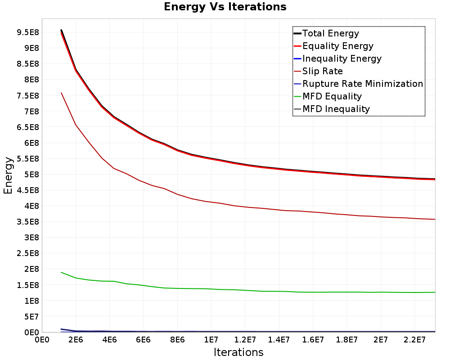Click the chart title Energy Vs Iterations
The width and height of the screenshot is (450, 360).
[225, 7]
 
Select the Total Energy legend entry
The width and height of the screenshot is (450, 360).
[326, 33]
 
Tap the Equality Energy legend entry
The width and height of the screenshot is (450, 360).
[334, 46]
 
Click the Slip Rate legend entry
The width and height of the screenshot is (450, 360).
[319, 71]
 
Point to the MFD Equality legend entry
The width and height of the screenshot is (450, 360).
[328, 96]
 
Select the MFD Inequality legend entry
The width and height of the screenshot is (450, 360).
[332, 109]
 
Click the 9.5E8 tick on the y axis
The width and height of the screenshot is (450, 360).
[28, 32]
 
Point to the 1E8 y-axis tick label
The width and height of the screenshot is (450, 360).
[31, 301]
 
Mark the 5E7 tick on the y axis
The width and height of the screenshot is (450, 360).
[31, 317]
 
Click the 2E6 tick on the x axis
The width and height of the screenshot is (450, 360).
[76, 340]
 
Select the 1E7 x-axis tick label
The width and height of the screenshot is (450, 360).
[211, 340]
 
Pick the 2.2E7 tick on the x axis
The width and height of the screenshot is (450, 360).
[414, 340]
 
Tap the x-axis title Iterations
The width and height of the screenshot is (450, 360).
[238, 352]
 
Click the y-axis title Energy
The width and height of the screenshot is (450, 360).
[8, 175]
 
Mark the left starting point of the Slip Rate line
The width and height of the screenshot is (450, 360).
[61, 93]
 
